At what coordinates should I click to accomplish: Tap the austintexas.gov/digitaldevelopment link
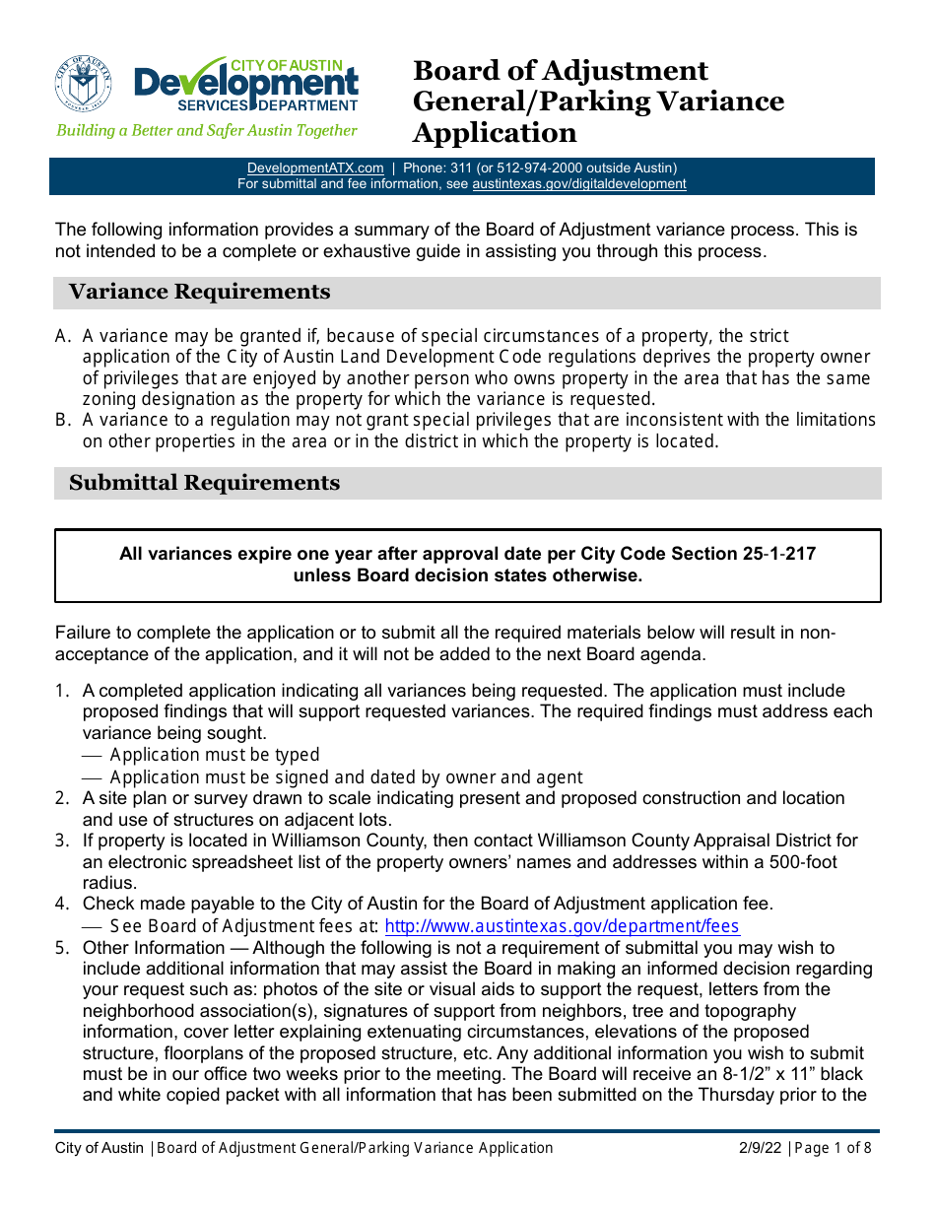click(578, 184)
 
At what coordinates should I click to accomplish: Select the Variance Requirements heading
click(199, 293)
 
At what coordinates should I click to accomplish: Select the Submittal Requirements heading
click(204, 484)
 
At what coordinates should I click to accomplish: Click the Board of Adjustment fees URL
click(562, 926)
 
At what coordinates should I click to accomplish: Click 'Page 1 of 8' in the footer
click(833, 1148)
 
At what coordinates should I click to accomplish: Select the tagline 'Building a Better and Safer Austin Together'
click(207, 131)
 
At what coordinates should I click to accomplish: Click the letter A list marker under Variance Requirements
click(63, 337)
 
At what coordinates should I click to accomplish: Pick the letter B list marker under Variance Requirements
click(63, 421)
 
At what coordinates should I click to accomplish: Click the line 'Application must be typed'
click(214, 756)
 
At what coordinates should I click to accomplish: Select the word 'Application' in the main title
click(494, 133)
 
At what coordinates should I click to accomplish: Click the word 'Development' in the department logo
click(246, 84)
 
